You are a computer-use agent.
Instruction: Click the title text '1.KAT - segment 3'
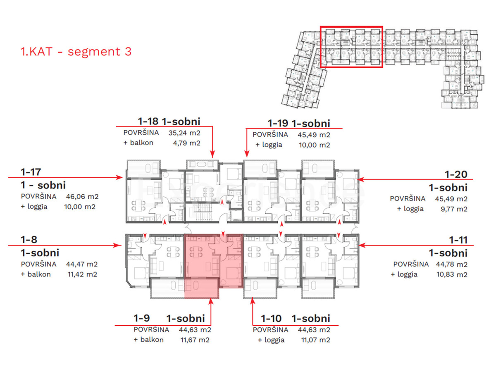tap(76, 52)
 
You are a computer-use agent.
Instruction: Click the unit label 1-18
tap(148, 121)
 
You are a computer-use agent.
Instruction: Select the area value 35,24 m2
tap(184, 133)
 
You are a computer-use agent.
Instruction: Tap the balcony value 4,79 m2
tap(187, 143)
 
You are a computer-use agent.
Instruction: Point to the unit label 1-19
tap(278, 123)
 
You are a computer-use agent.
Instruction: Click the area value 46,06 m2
tap(82, 196)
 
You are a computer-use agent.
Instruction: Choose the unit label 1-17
tap(31, 172)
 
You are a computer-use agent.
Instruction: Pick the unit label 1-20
tap(456, 174)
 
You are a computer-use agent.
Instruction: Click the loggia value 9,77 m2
tap(454, 209)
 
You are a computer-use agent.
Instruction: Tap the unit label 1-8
tap(29, 239)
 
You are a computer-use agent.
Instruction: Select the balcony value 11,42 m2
tap(82, 274)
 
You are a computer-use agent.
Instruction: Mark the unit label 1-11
tap(458, 240)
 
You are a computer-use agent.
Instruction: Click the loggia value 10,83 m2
tap(452, 274)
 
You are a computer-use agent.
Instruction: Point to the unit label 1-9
tap(142, 318)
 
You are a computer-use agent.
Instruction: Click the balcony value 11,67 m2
tap(195, 340)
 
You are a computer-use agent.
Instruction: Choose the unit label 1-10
tap(271, 318)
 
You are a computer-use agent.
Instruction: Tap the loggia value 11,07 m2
tap(315, 340)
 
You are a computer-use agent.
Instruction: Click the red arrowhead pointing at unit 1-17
tap(119, 177)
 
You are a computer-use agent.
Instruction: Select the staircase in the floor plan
tap(202, 211)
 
